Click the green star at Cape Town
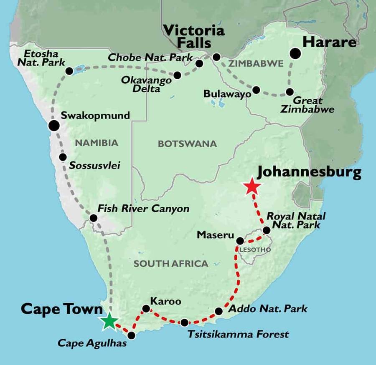(109, 321)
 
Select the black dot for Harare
(296, 53)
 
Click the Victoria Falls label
(193, 37)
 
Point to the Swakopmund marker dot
(53, 125)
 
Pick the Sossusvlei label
(95, 166)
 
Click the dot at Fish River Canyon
(94, 218)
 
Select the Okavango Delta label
(146, 84)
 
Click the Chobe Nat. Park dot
(199, 63)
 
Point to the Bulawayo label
(227, 94)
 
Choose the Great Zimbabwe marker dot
(290, 92)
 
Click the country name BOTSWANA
(187, 144)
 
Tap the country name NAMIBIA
(97, 143)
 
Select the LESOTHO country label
(255, 250)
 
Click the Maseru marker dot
(240, 241)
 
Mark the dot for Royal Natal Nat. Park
(266, 230)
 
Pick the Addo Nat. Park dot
(218, 311)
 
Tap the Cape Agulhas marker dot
(131, 335)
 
